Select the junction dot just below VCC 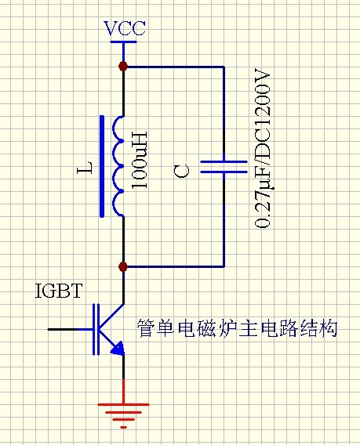click(123, 66)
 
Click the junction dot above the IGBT click(123, 267)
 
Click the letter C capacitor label click(182, 168)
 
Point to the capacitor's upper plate click(224, 161)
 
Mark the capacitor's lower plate click(224, 172)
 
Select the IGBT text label click(59, 292)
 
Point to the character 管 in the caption click(145, 328)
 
